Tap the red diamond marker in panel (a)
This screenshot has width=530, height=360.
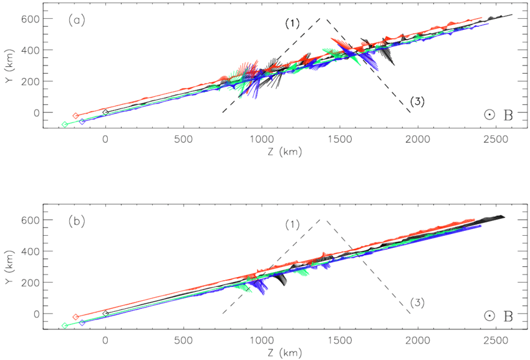pyautogui.click(x=75, y=115)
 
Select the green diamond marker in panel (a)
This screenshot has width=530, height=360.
pyautogui.click(x=65, y=125)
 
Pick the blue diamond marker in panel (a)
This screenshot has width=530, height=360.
pyautogui.click(x=82, y=121)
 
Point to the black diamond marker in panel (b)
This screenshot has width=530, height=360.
pyautogui.click(x=105, y=313)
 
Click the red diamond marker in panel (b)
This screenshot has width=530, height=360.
pyautogui.click(x=75, y=317)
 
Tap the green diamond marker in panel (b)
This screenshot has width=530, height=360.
pyautogui.click(x=65, y=326)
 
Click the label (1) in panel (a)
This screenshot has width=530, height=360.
pyautogui.click(x=292, y=23)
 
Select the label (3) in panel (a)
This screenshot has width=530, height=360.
pyautogui.click(x=417, y=102)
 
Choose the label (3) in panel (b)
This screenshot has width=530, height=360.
pyautogui.click(x=417, y=303)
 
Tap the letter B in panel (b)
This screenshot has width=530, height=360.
pyautogui.click(x=508, y=316)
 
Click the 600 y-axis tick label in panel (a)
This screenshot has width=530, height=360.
pyautogui.click(x=32, y=19)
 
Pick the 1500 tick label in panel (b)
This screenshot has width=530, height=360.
pyautogui.click(x=339, y=339)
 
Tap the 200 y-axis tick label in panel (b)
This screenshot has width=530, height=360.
pyautogui.click(x=32, y=283)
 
